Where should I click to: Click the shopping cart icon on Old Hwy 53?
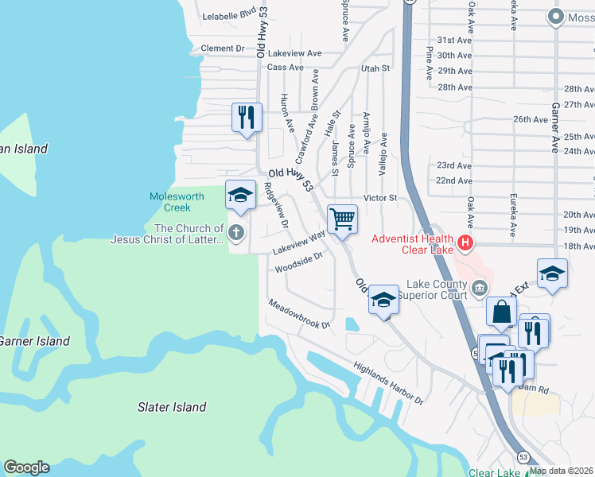[x=342, y=218]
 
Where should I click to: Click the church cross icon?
[x=235, y=232]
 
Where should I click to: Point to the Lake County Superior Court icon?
[x=477, y=287]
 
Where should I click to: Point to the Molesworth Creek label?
[x=177, y=202]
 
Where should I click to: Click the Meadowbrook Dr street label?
[x=298, y=314]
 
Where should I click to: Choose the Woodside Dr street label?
[x=298, y=262]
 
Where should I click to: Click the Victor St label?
[x=379, y=197]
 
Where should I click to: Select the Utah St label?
[x=375, y=68]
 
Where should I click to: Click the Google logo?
[x=26, y=467]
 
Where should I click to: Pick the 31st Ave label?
[x=454, y=40]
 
